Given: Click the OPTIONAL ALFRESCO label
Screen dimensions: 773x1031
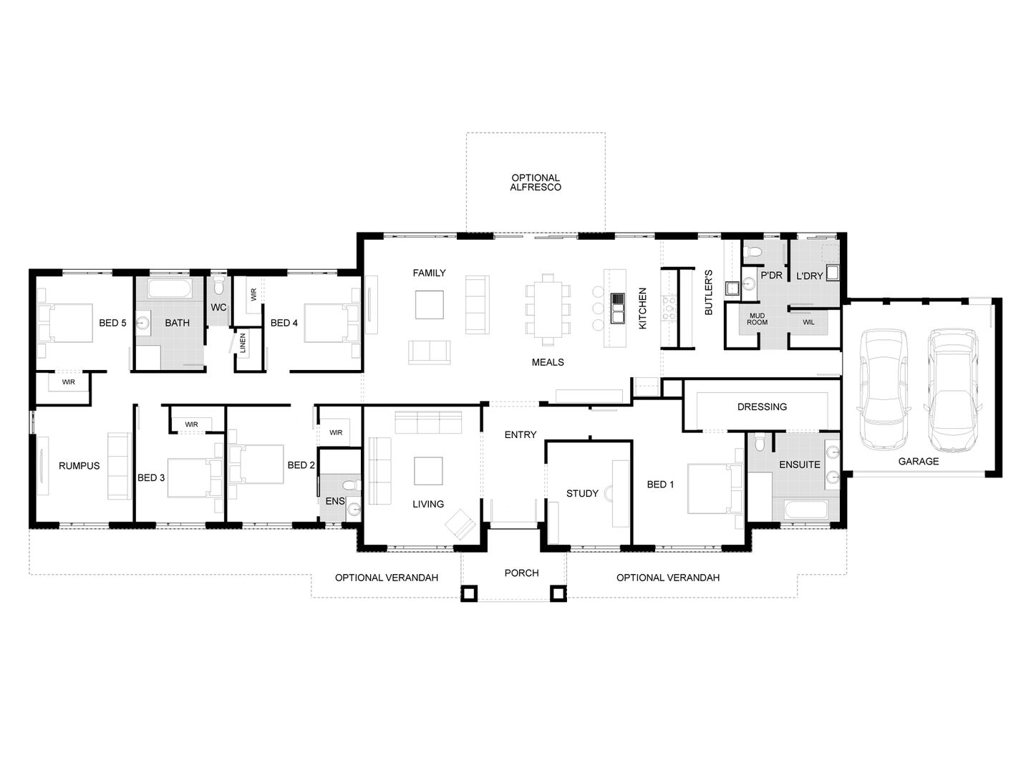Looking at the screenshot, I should coord(536,183).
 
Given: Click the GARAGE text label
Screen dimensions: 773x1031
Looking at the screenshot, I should coord(918,462).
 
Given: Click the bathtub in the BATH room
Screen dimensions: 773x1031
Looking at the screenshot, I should coord(170,290).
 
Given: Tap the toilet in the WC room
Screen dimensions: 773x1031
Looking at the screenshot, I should coord(219,286).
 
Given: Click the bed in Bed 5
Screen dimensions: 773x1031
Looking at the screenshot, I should coord(66,323).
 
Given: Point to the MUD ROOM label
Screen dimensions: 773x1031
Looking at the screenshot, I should coord(757,319).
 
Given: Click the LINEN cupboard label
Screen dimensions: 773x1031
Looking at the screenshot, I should coord(243,343).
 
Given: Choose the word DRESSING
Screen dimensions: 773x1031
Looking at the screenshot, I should coord(762,407).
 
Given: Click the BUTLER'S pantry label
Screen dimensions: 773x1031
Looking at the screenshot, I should coord(708,292).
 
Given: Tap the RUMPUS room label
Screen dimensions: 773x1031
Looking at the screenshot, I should coord(79,466).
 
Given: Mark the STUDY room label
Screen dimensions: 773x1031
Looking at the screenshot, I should coord(582,493).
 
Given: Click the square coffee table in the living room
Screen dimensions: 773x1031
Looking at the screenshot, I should coord(428,470).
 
